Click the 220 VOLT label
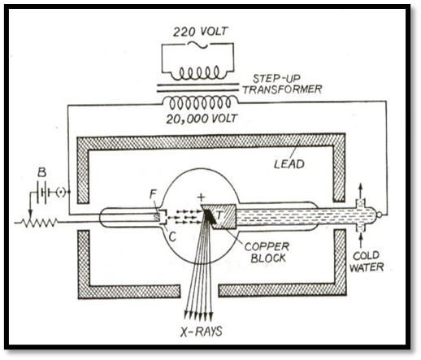pos(200,32)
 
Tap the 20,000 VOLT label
pos(202,119)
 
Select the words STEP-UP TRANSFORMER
pos(282,84)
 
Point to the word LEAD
pos(289,164)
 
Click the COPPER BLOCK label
pos(267,252)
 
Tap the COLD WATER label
pos(367,261)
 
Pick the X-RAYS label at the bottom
pos(202,331)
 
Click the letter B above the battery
pos(41,172)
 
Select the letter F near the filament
pos(154,193)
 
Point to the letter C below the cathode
pos(172,236)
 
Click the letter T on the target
pos(219,215)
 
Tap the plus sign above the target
pos(201,197)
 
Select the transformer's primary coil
pos(199,72)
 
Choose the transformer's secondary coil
pos(201,102)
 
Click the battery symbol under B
pos(42,193)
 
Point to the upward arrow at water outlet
pos(360,191)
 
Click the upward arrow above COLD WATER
pos(360,240)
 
